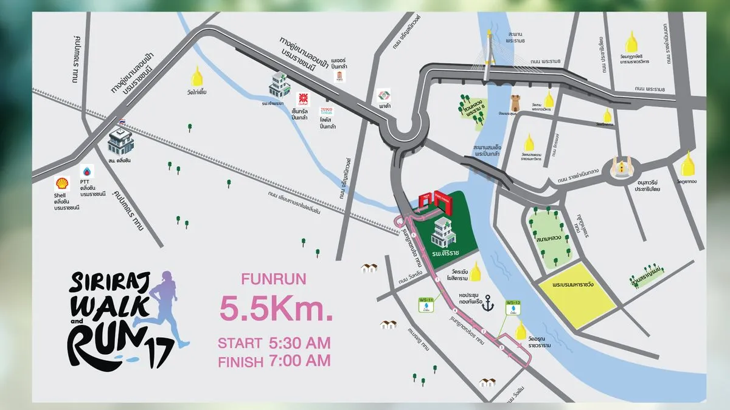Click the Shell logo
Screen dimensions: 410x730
pyautogui.click(x=61, y=183)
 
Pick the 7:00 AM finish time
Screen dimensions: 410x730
pyautogui.click(x=299, y=360)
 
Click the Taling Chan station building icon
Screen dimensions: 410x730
pyautogui.click(x=120, y=141)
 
